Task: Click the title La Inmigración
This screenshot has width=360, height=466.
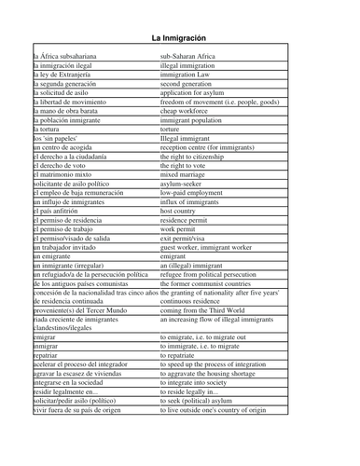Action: [180, 36]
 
